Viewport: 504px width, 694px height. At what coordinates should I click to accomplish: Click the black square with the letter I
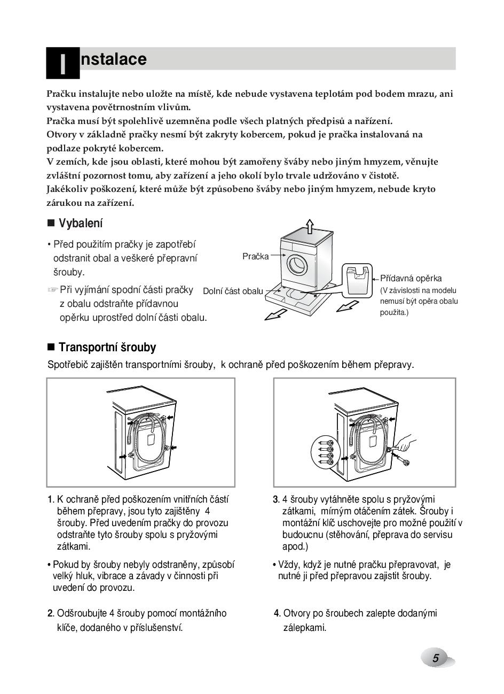pos(62,63)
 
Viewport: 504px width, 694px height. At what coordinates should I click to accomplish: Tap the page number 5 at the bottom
pos(436,658)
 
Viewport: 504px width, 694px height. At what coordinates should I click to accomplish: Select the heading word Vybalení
pos(81,223)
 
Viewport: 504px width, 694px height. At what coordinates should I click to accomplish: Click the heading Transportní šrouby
pos(107,348)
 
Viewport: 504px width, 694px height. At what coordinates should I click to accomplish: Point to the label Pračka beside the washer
pos(255,257)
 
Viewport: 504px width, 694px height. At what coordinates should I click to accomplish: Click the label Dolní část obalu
pos(233,291)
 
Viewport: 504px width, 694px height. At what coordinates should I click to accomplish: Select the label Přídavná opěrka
pos(411,279)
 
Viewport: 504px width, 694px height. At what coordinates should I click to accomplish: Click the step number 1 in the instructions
pos(50,500)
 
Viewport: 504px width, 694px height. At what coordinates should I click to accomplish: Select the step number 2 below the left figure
pos(50,613)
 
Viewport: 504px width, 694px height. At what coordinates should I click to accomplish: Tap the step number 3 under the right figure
pos(276,500)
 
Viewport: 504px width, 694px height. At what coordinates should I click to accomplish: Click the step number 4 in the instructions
pos(277,613)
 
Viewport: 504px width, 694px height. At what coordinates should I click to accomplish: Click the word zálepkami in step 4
pos(304,628)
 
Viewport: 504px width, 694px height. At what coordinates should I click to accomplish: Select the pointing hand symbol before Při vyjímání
pos(52,290)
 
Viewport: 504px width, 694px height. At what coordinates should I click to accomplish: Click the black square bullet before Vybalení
pos(51,223)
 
